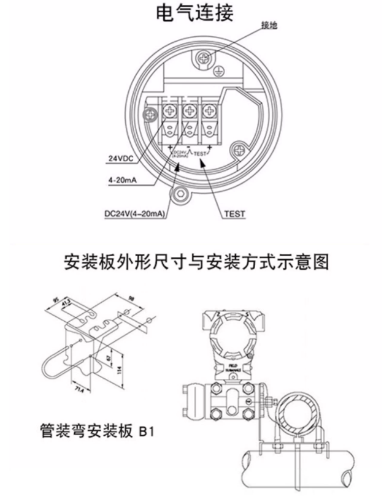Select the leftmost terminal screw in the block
168,112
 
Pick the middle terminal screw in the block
189,112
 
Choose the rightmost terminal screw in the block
210,112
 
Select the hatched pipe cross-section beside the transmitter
301,416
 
